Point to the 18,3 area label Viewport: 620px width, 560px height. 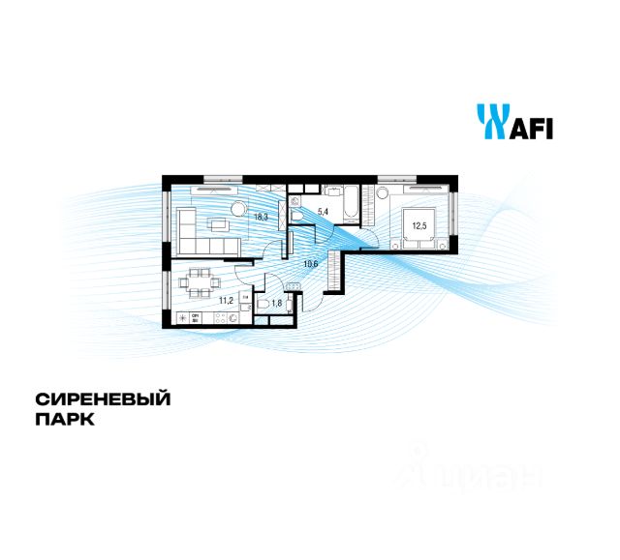click(261, 218)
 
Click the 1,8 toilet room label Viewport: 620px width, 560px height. click(277, 304)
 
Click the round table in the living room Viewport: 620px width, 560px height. click(238, 209)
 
